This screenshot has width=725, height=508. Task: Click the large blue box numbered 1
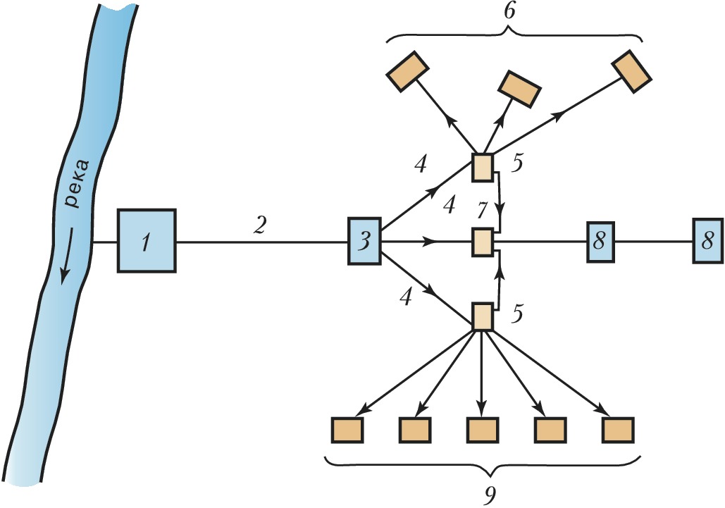146,241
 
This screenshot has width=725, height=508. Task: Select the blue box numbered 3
364,241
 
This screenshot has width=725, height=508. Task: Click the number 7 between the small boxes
481,209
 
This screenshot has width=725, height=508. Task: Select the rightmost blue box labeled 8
707,241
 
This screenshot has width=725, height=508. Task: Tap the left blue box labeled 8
600,241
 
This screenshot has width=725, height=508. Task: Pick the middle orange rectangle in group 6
519,87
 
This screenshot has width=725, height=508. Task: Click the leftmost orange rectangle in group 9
347,429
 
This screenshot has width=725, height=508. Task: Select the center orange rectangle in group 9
483,429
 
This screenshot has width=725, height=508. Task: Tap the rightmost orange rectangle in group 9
619,429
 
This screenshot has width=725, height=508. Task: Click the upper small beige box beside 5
483,167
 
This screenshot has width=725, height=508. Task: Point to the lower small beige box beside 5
482,317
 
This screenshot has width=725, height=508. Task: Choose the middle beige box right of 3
482,242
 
